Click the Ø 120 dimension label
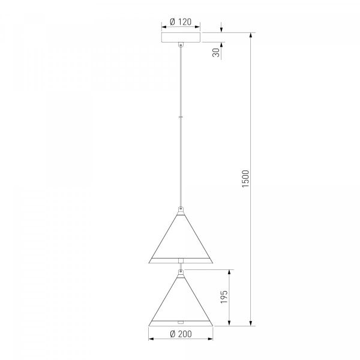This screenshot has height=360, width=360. [181, 22]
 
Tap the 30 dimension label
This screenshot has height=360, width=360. [216, 53]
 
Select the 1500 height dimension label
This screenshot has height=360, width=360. [245, 179]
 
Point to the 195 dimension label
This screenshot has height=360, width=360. [224, 297]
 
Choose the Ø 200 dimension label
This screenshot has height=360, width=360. [181, 334]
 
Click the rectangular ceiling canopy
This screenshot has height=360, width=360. [181, 37]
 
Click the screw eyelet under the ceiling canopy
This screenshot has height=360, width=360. [181, 45]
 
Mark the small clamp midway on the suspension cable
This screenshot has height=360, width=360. [181, 117]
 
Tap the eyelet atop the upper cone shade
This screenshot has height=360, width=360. [181, 209]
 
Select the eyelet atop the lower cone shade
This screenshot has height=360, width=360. [181, 272]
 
